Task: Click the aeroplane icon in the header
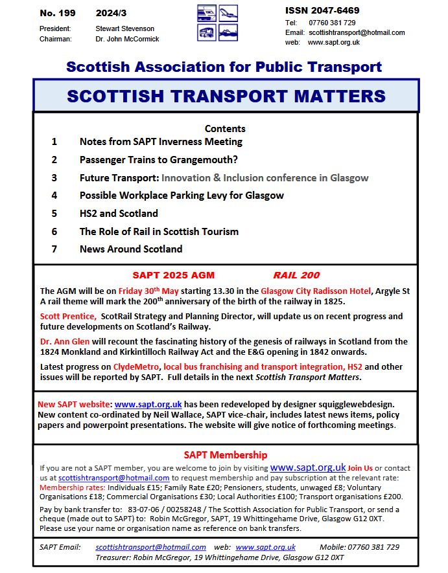click(228, 14)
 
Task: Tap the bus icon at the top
click(207, 32)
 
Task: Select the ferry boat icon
click(228, 32)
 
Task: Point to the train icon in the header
click(207, 14)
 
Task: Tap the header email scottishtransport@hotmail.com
click(357, 32)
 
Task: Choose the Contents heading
click(225, 128)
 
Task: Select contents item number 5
click(54, 213)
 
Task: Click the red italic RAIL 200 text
click(296, 275)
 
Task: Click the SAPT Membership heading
click(225, 455)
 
